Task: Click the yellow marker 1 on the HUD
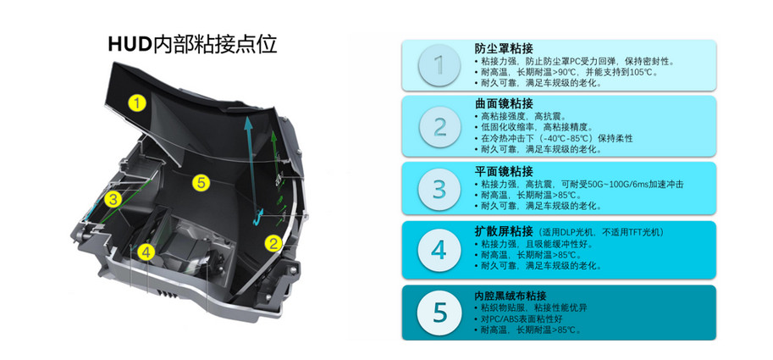pyautogui.click(x=137, y=103)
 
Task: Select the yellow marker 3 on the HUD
pyautogui.click(x=113, y=199)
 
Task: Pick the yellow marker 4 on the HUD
pyautogui.click(x=146, y=252)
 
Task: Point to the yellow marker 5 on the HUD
pyautogui.click(x=201, y=183)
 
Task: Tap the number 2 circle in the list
pyautogui.click(x=439, y=127)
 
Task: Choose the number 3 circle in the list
pyautogui.click(x=439, y=189)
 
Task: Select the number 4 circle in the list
pyautogui.click(x=439, y=251)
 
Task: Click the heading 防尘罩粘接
pyautogui.click(x=503, y=48)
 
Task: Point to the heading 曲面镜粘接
pyautogui.click(x=503, y=103)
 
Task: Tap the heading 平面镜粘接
pyautogui.click(x=503, y=171)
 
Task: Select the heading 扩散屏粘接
pyautogui.click(x=503, y=230)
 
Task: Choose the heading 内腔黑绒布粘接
pyautogui.click(x=510, y=296)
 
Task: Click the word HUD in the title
pyautogui.click(x=129, y=44)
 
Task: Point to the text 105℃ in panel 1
pyautogui.click(x=643, y=72)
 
